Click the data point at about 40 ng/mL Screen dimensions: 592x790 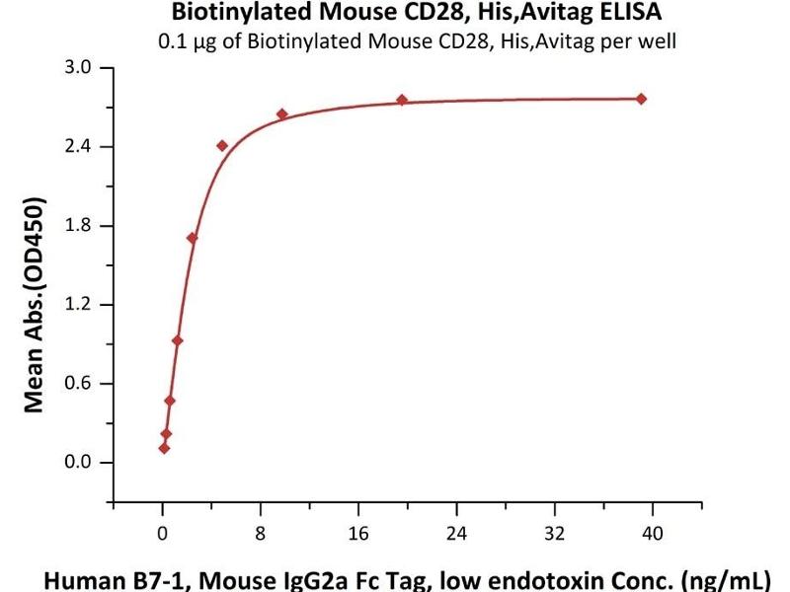641,99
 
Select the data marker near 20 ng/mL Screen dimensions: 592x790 402,100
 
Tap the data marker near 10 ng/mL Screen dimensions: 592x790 281,114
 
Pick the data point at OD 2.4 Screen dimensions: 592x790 222,145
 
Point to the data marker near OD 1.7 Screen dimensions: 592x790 192,238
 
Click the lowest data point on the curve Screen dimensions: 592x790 164,448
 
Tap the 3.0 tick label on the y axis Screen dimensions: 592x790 79,68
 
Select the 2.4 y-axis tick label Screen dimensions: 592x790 79,147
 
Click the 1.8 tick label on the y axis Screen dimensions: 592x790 79,226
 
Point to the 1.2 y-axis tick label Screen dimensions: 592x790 79,305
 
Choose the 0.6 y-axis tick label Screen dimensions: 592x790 79,384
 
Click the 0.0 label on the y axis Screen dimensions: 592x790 79,463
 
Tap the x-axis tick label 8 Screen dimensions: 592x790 261,534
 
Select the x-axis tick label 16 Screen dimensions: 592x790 358,534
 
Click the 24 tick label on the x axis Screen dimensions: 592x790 456,534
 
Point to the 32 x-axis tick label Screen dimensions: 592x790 554,534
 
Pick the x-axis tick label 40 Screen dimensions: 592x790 652,534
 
